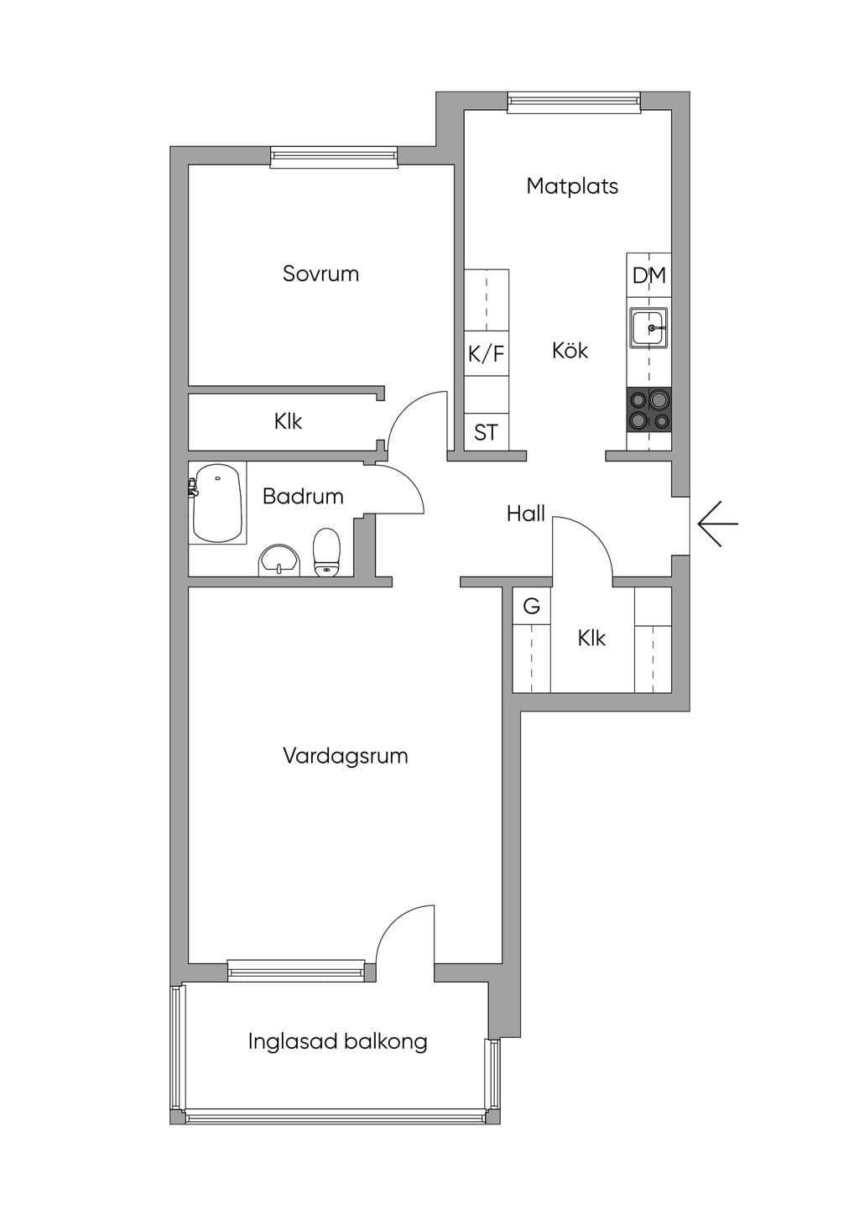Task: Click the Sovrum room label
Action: [320, 274]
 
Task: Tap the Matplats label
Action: [572, 186]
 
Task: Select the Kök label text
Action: [570, 350]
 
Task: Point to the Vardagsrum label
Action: [346, 755]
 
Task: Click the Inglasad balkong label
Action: [338, 1041]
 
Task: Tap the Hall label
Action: [525, 514]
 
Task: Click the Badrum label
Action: [303, 496]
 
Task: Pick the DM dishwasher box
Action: [649, 275]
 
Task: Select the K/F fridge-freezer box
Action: [487, 353]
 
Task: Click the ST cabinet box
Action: [487, 432]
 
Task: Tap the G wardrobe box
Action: [532, 606]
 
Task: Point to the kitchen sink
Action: [648, 327]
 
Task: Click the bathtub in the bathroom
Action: [217, 503]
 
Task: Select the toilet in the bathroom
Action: [326, 551]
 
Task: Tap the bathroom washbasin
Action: [279, 561]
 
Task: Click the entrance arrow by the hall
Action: [718, 524]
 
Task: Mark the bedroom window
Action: [334, 156]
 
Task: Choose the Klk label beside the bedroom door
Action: [288, 421]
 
